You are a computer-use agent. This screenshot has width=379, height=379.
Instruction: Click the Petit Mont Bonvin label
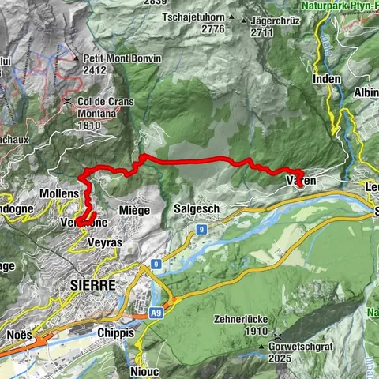coord(122,57)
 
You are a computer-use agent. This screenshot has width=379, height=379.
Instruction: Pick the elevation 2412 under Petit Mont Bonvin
coord(96,69)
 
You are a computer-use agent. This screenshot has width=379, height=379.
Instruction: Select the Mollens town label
coord(59,193)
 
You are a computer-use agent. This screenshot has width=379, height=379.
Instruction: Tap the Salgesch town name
coord(197,208)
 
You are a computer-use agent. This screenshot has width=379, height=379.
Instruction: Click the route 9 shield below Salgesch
coord(202,229)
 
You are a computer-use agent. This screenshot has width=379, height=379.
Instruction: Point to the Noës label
coord(20,334)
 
